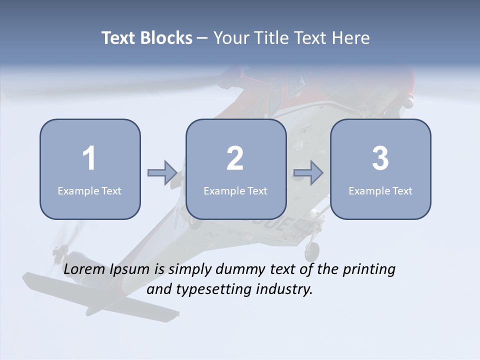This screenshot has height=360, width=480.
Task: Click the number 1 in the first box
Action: (x=89, y=158)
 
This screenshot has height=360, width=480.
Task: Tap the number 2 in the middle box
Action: (x=235, y=158)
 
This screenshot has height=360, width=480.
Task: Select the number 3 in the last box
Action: (x=380, y=158)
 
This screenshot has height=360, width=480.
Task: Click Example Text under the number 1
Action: (x=89, y=191)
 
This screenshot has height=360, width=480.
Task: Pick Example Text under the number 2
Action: (x=235, y=191)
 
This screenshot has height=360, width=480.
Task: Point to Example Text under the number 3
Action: (x=380, y=191)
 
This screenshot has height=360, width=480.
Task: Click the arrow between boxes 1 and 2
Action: (x=162, y=173)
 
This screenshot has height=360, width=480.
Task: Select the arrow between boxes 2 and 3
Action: (x=308, y=173)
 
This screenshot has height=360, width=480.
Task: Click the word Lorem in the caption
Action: (x=84, y=269)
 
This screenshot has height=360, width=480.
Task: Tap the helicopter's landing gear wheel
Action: (x=312, y=251)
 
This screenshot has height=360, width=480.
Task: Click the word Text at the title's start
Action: (x=119, y=38)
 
